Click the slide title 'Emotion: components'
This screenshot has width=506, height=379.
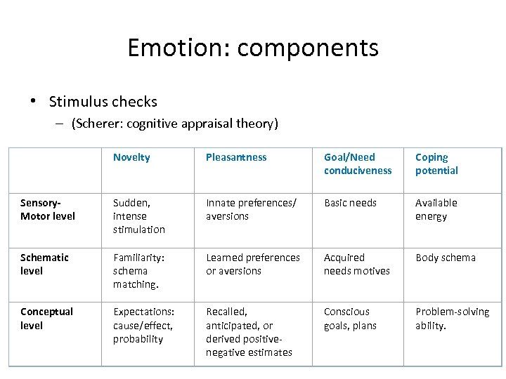coord(253,48)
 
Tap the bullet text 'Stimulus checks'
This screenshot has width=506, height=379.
coord(103,102)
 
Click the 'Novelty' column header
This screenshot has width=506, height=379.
coord(131,157)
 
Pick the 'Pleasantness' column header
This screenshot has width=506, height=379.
coord(236,157)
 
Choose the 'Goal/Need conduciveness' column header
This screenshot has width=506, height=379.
coord(358,164)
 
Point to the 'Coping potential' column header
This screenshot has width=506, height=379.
coord(436,164)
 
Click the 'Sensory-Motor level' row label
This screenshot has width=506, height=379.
coord(48,209)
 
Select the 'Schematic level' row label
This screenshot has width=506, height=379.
coord(44,264)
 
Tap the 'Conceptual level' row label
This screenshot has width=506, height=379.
coord(46,318)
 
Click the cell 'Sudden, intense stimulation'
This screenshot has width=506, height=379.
coord(139,215)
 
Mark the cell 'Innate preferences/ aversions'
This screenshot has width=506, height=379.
coord(252,209)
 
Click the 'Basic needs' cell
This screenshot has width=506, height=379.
coord(350,203)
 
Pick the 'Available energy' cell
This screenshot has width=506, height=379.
coord(436,209)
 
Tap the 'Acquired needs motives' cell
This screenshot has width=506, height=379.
coord(356,264)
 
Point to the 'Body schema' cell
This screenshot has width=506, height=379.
coord(446,258)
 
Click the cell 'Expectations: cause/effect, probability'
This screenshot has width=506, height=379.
coord(143,325)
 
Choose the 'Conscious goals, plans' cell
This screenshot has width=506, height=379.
coord(350,318)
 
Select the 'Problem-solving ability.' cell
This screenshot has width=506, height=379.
coord(453,318)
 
